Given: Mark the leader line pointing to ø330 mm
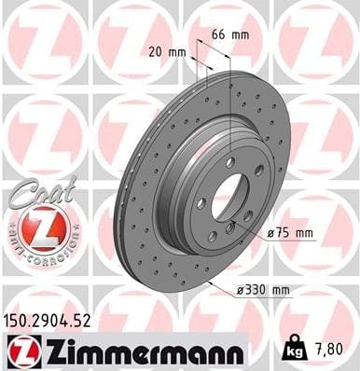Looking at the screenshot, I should (224, 280).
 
